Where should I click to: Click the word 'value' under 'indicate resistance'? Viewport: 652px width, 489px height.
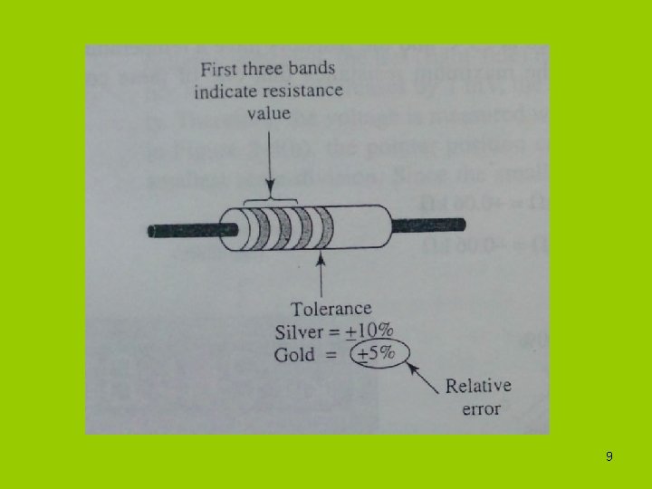269,112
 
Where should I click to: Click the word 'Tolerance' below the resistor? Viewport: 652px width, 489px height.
331,310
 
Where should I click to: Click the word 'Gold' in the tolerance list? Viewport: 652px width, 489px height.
295,353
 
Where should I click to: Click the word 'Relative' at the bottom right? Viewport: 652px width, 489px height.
478,386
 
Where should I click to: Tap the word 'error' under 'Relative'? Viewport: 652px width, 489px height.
482,408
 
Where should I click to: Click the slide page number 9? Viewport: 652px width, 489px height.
609,456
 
